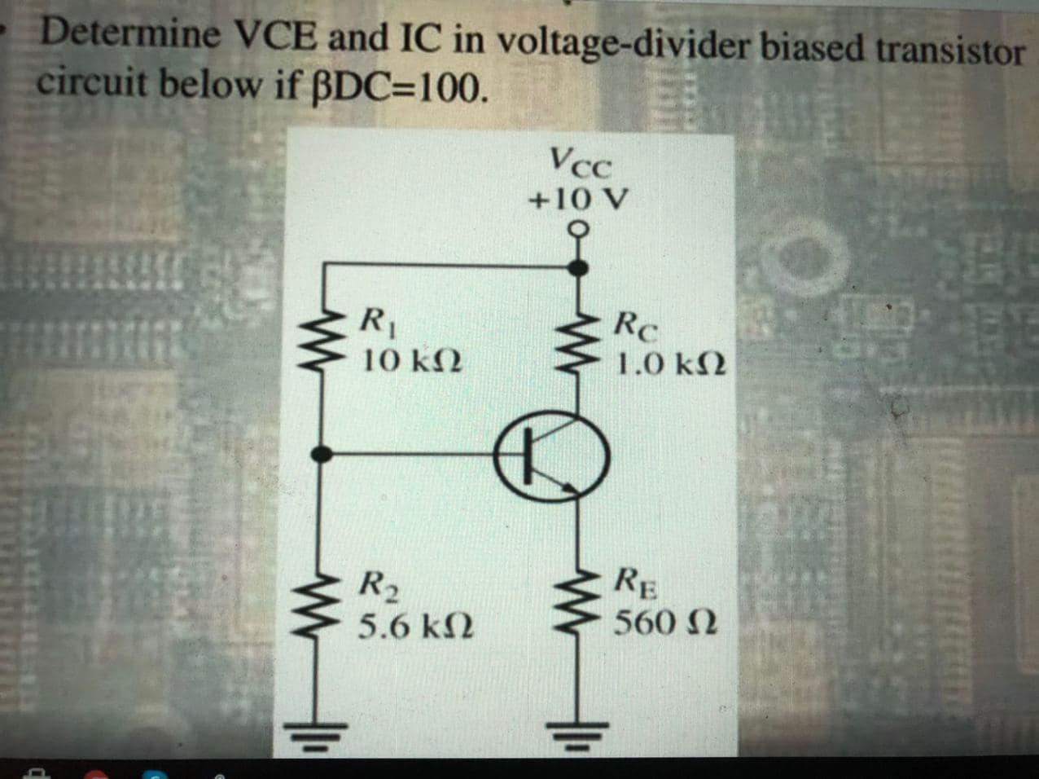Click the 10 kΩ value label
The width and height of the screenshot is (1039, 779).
(x=412, y=359)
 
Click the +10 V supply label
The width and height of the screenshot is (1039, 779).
(x=578, y=198)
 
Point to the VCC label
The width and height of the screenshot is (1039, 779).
(x=580, y=161)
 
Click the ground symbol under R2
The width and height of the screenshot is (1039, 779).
(x=323, y=735)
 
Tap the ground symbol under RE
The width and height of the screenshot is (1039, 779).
(x=579, y=735)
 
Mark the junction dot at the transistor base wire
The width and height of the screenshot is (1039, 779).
(x=323, y=455)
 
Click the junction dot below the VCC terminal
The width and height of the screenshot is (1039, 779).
(x=579, y=266)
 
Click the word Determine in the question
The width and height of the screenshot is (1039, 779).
(x=131, y=33)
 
